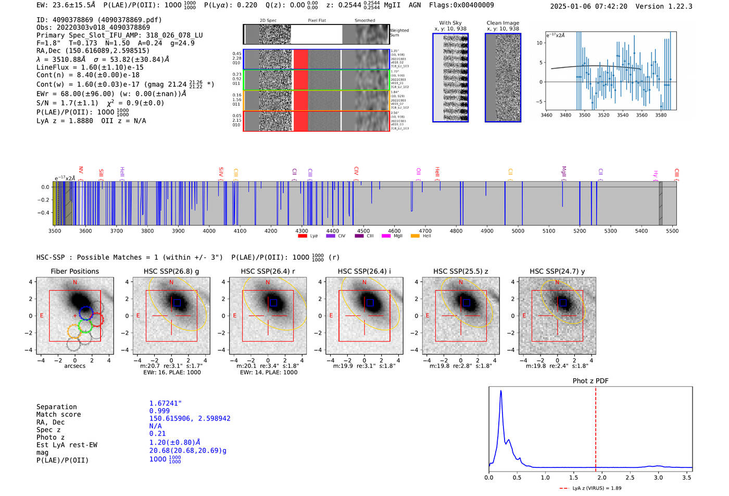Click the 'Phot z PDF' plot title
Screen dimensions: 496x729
coord(590,381)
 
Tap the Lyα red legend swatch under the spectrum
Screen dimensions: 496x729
coord(303,236)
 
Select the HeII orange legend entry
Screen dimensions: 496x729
coord(415,236)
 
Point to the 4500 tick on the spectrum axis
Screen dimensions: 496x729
coord(363,231)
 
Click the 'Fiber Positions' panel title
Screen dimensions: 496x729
coord(74,271)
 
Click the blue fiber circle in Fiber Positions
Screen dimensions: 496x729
coord(86,313)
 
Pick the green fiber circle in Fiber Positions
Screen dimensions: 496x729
coord(85,326)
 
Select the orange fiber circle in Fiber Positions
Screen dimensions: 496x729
coord(74,332)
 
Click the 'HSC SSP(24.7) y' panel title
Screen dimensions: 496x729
coord(557,271)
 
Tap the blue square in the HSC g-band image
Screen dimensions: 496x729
coord(177,302)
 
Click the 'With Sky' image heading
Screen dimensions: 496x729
coord(450,23)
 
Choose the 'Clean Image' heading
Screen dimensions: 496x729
coord(502,23)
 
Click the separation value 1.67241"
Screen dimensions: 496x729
coord(165,403)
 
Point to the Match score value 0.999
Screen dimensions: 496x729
coord(159,411)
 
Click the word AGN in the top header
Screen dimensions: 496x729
coord(414,5)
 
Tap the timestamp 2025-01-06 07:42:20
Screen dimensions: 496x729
coord(588,6)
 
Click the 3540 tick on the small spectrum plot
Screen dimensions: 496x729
coord(623,115)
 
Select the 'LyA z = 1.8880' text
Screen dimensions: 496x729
coord(65,121)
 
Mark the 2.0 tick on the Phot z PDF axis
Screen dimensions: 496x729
coord(601,477)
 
